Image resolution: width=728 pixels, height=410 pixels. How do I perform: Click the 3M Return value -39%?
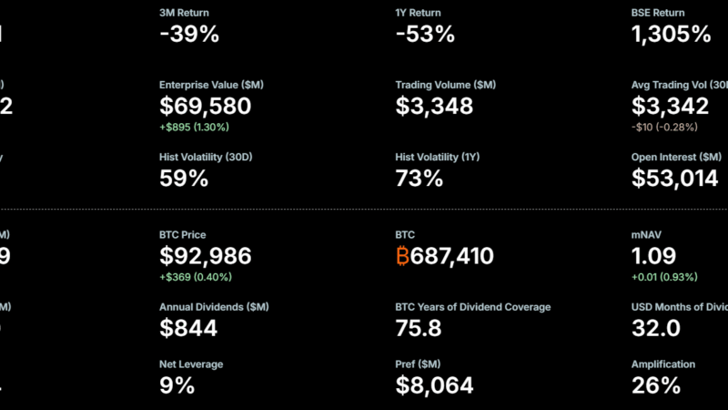[x=188, y=35]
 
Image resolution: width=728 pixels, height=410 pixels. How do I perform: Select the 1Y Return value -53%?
[x=425, y=35]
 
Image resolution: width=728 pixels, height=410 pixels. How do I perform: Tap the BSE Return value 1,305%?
[x=671, y=35]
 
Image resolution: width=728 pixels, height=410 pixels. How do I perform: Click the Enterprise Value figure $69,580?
[x=205, y=106]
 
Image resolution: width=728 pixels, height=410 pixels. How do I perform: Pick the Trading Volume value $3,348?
[x=434, y=106]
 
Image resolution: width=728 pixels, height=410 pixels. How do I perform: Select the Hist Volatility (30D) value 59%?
[x=183, y=179]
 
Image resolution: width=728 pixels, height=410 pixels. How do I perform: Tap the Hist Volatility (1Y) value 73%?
[x=419, y=179]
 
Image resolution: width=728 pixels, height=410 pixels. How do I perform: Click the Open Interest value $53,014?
[x=674, y=179]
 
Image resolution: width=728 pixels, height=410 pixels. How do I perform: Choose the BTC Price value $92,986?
[x=205, y=257]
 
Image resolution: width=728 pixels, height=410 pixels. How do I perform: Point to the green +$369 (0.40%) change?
[x=195, y=277]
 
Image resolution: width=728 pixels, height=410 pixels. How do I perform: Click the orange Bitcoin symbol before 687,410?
[x=402, y=257]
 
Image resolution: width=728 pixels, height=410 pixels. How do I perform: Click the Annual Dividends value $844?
[x=188, y=329]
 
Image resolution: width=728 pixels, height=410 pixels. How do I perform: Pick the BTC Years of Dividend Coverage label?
[x=472, y=308]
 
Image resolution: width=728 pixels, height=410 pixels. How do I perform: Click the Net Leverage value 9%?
[x=177, y=385]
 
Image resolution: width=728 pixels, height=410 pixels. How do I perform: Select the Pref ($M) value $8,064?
[x=434, y=385]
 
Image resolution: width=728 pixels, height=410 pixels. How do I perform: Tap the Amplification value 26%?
[x=656, y=385]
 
